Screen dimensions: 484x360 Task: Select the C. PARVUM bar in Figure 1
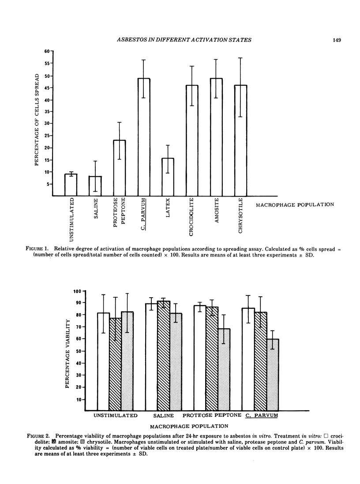[x=144, y=137]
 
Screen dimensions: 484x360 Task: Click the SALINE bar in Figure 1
[x=95, y=186]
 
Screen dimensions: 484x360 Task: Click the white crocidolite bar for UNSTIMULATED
[x=103, y=362]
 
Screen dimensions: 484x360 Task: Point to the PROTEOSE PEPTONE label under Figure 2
[x=212, y=416]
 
